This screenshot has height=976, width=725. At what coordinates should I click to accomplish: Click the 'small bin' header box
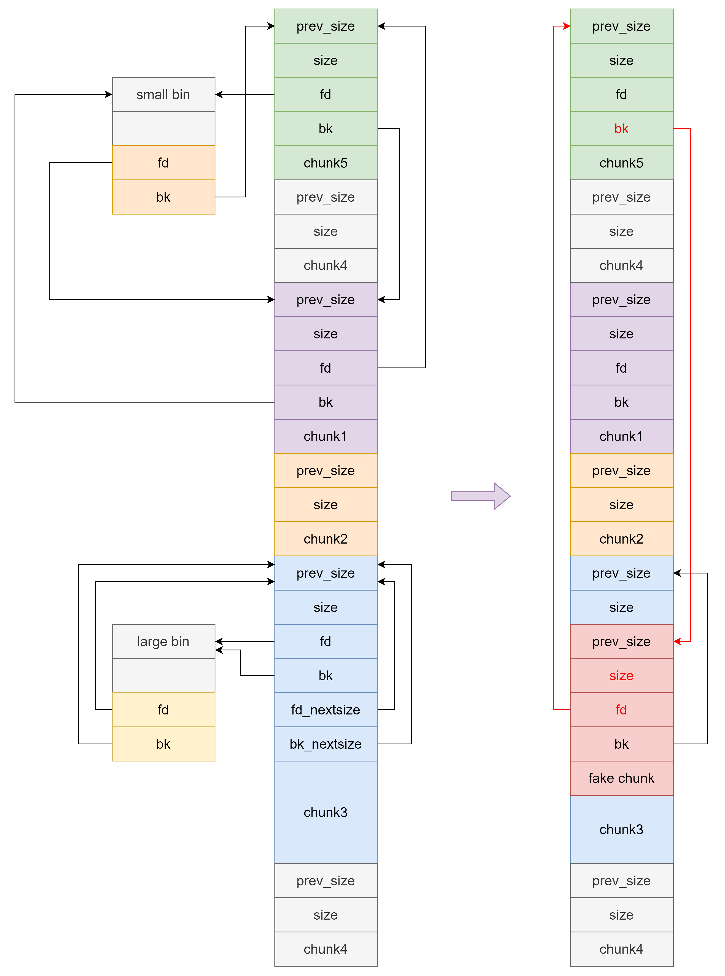[x=163, y=94]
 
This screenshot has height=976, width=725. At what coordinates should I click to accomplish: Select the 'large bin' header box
[x=163, y=641]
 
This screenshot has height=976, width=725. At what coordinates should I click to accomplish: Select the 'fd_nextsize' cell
[x=326, y=710]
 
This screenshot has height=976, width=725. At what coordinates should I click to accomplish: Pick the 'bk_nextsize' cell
[x=326, y=744]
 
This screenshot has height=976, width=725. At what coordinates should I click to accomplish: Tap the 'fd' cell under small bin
[x=163, y=163]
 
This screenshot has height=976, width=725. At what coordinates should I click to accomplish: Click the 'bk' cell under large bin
[x=163, y=744]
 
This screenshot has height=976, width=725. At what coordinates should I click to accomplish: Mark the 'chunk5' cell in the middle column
[x=326, y=163]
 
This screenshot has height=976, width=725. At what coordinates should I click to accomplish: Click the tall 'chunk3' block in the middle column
[x=326, y=812]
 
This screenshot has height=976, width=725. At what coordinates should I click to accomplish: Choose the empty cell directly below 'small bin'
[x=163, y=129]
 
